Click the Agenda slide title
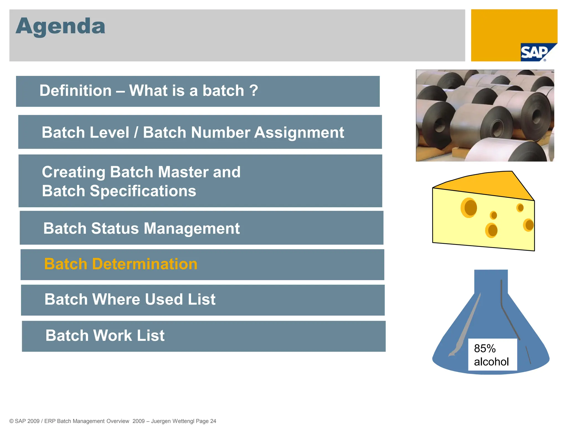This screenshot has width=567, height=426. click(x=60, y=26)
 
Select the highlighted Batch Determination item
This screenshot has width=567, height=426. click(x=121, y=264)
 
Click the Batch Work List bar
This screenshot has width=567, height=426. click(x=105, y=336)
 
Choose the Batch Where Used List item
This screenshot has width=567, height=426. click(x=130, y=300)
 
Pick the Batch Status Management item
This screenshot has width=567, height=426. click(x=141, y=229)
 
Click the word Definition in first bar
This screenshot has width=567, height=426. click(x=75, y=91)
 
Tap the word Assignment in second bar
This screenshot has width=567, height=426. click(x=299, y=133)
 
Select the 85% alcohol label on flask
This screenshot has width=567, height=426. click(x=492, y=355)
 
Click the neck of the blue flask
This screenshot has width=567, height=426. click(x=491, y=282)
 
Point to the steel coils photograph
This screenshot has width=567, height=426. click(x=485, y=116)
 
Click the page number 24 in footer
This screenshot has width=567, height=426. click(x=213, y=421)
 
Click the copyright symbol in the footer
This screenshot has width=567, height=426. click(x=11, y=421)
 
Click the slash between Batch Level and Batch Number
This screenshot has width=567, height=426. click(x=136, y=133)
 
